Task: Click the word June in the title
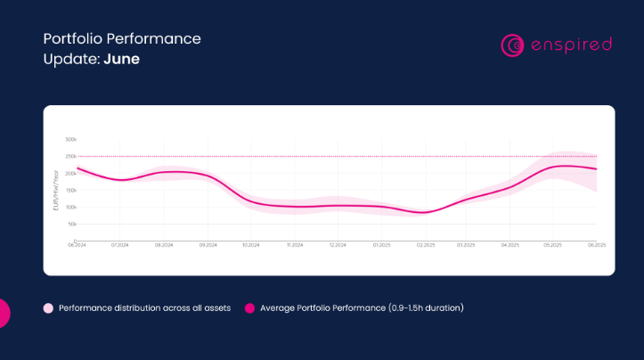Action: point(123,59)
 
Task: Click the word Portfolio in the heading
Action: point(74,39)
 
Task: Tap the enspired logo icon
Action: point(511,45)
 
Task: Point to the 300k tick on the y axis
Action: point(71,140)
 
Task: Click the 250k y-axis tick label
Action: point(71,157)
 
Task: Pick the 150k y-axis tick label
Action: point(71,191)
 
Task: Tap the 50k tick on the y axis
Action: point(72,225)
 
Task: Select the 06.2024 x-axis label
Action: point(77,244)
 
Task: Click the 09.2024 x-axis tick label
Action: point(208,244)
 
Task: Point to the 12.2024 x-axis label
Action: point(338,244)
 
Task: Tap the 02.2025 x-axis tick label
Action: point(424,244)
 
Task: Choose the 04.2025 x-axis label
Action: point(510,244)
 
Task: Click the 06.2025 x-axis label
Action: point(596,244)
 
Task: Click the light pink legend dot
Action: point(49,308)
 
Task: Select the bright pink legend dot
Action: point(249,308)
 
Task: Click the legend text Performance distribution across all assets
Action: point(144,308)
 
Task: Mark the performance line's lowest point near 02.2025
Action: point(424,213)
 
